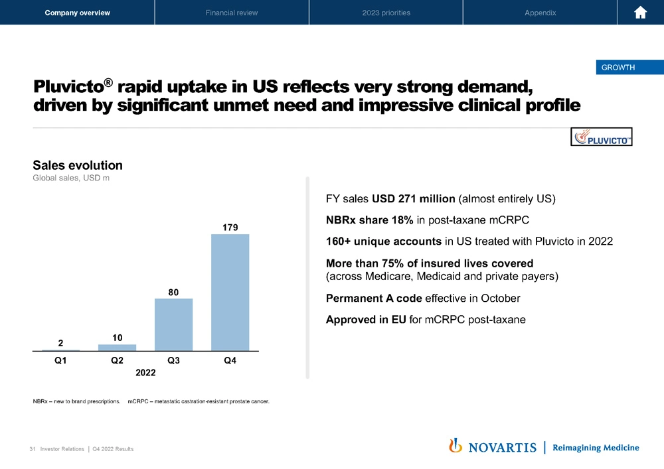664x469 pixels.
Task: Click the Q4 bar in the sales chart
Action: [x=230, y=292]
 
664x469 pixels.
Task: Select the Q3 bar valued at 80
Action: [x=173, y=324]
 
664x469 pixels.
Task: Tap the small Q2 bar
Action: [x=117, y=347]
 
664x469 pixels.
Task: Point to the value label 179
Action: [x=230, y=228]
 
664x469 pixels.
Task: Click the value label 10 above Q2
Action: [x=117, y=338]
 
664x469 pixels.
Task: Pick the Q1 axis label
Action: [x=60, y=361]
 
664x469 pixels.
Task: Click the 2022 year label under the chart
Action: [x=145, y=373]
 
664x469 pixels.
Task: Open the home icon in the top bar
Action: [x=641, y=13]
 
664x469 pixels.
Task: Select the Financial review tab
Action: [x=232, y=13]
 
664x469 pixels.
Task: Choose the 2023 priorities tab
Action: [x=386, y=13]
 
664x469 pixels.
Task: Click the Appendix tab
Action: [x=540, y=13]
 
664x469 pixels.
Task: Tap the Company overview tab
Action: [x=77, y=13]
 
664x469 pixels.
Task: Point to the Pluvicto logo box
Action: [x=602, y=137]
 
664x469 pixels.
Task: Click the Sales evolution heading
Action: [x=78, y=165]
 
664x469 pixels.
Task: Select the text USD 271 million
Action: [x=413, y=198]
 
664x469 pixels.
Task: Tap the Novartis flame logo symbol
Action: [x=456, y=446]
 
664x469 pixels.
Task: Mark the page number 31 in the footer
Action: [x=33, y=449]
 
